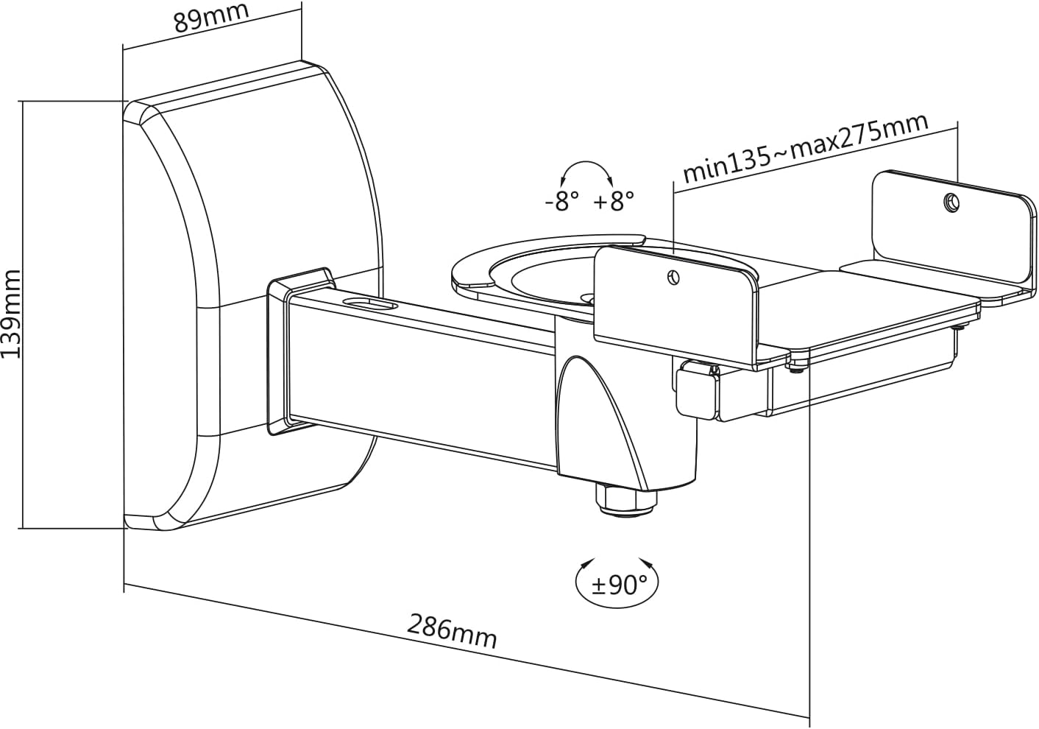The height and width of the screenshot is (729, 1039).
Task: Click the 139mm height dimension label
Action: [x=12, y=314]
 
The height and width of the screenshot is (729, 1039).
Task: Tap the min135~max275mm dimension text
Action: [x=805, y=149]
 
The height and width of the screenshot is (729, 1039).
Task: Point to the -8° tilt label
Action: [x=561, y=201]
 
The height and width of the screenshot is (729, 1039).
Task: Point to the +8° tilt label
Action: [x=613, y=201]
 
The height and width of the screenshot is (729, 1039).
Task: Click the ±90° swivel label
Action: [x=617, y=585]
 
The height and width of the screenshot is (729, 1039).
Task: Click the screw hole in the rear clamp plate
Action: [x=951, y=202]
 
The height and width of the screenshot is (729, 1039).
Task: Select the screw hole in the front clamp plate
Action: [x=672, y=278]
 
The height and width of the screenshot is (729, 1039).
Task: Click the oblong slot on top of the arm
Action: [x=371, y=304]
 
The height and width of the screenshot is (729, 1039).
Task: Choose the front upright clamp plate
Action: [x=673, y=306]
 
